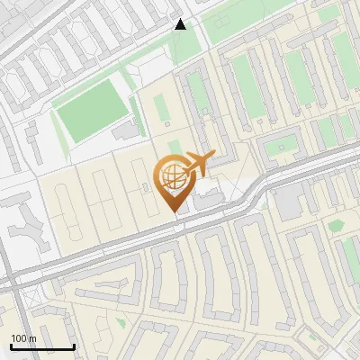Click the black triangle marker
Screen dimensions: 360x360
click(180, 24)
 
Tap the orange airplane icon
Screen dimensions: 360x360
click(197, 165)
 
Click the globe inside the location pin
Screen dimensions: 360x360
click(172, 177)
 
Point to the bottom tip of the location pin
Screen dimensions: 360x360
click(174, 212)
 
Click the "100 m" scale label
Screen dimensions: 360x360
click(24, 337)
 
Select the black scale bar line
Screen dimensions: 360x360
click(42, 346)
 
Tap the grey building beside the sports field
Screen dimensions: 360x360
click(127, 131)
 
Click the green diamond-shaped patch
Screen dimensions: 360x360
click(337, 225)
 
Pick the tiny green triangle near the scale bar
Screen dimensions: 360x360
click(121, 321)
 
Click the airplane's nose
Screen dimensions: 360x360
click(213, 157)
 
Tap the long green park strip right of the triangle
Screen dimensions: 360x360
click(252, 22)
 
